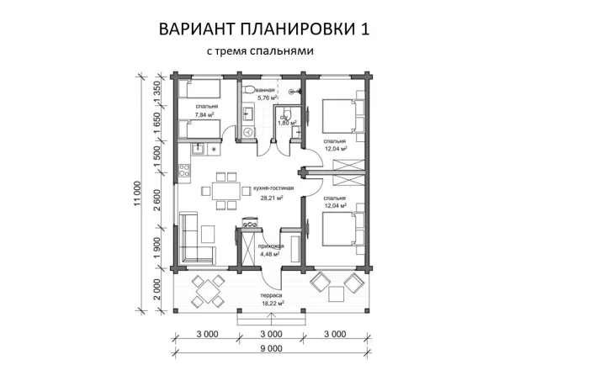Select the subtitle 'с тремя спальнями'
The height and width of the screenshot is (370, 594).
click(260, 52)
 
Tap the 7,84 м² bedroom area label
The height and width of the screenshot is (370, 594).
click(206, 115)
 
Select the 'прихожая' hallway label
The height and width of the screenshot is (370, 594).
click(271, 245)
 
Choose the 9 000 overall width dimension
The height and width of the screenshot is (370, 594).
click(271, 348)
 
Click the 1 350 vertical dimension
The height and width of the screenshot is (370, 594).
click(156, 89)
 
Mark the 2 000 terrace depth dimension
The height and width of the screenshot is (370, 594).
click(156, 294)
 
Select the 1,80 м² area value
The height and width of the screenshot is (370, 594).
click(289, 123)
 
